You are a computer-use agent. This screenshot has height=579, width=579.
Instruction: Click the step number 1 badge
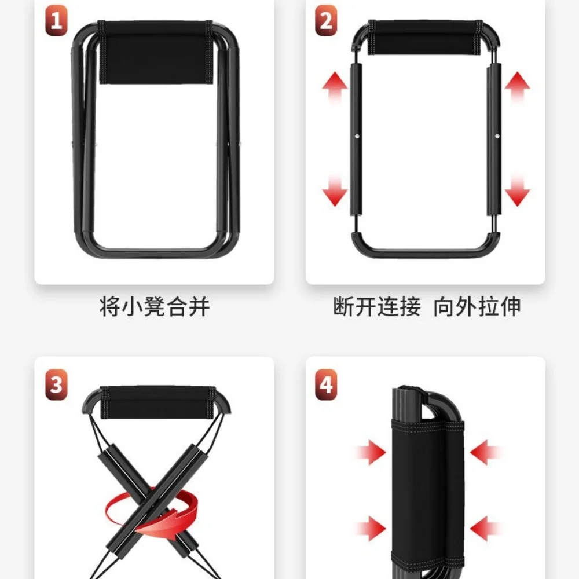[x=56, y=20]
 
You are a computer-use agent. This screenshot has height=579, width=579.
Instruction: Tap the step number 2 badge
[x=326, y=20]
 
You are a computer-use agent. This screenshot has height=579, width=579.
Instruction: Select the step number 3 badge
[x=56, y=384]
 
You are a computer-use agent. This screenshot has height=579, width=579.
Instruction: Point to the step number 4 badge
[x=326, y=384]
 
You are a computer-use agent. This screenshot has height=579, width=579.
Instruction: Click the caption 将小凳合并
[x=155, y=306]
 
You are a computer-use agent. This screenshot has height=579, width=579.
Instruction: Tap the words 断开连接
[x=377, y=306]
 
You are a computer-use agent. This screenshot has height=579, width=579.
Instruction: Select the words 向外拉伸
[x=477, y=306]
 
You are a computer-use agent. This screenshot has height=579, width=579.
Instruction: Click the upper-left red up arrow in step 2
[x=335, y=87]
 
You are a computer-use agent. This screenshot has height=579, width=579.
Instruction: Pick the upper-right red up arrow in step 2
[x=517, y=87]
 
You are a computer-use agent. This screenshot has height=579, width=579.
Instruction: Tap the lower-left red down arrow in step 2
[x=335, y=190]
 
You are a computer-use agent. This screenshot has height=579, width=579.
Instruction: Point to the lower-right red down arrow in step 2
[x=517, y=190]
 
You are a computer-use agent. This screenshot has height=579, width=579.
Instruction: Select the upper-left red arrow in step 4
[x=371, y=452]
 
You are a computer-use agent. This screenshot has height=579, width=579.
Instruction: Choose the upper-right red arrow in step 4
[x=485, y=452]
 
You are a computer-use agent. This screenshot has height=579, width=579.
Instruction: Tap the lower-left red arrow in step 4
[x=371, y=529]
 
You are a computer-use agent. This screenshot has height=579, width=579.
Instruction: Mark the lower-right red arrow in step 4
[x=485, y=529]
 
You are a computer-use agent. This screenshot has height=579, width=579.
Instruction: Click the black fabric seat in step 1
[x=155, y=53]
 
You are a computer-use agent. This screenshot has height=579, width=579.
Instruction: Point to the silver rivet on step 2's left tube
[x=357, y=136]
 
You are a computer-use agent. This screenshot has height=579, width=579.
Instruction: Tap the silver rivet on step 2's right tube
[x=497, y=136]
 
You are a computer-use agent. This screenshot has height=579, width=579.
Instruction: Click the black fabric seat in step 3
[x=158, y=402]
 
